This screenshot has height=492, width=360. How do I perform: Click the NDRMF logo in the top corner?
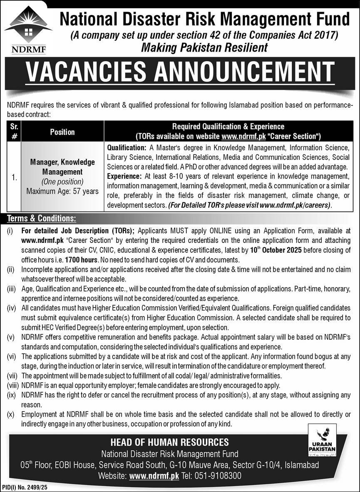(28, 30)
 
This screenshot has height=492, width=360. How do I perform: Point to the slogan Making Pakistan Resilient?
(204, 48)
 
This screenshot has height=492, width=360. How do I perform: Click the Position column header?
(62, 132)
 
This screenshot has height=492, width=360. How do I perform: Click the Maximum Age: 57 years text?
(62, 192)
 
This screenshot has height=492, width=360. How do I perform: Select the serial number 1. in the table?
(14, 177)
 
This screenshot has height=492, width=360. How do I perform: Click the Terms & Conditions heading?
(42, 218)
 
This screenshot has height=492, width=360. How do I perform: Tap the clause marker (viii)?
(11, 385)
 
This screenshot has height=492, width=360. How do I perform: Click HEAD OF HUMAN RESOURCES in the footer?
(169, 442)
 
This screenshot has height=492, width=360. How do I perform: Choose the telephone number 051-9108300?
(221, 475)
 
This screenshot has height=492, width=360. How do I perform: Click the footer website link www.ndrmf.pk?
(154, 475)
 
